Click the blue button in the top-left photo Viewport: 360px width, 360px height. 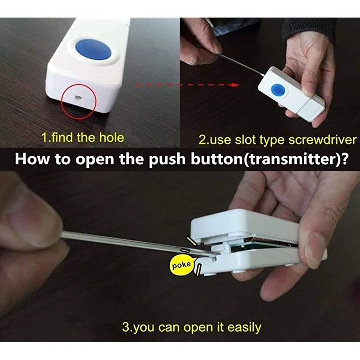(94, 49)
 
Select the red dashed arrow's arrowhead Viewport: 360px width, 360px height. (234, 84)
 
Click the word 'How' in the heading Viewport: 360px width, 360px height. (30, 160)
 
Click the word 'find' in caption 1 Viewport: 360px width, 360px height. (63, 138)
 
